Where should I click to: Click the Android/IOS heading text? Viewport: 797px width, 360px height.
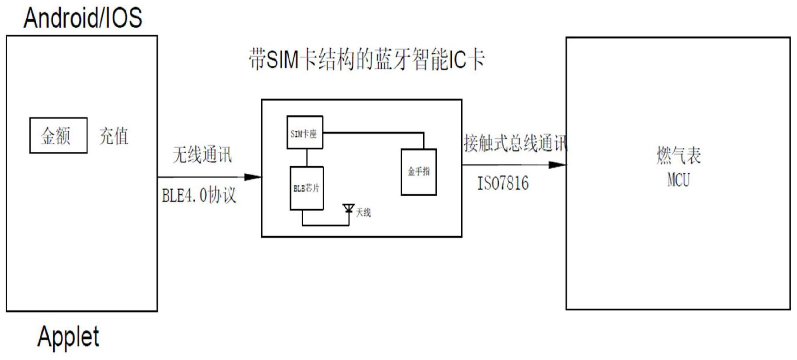coord(83,18)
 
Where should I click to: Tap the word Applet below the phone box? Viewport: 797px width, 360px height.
coord(68,337)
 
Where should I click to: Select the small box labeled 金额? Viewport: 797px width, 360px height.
coord(58,135)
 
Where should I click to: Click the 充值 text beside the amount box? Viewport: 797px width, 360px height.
coord(114,136)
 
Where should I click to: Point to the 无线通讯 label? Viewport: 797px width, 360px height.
coord(202,155)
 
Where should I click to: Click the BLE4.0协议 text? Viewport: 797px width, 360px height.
coord(199,196)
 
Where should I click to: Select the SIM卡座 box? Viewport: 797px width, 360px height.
coord(305,133)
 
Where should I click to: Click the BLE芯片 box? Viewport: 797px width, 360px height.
coord(306,188)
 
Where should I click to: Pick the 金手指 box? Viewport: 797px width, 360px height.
coord(418,172)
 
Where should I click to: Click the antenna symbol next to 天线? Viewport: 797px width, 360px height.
coord(348,209)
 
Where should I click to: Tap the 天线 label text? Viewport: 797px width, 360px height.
coord(363,213)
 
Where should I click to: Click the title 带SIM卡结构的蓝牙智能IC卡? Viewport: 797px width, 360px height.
coord(367,59)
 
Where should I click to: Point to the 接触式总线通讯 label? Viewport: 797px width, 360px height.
coord(514,143)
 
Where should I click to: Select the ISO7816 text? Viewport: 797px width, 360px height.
coord(503,183)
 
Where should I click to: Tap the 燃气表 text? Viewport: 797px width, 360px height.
coord(678,155)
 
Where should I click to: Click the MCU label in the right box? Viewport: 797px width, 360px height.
coord(678,180)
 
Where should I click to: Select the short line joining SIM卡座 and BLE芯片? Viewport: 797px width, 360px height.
coord(307,158)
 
